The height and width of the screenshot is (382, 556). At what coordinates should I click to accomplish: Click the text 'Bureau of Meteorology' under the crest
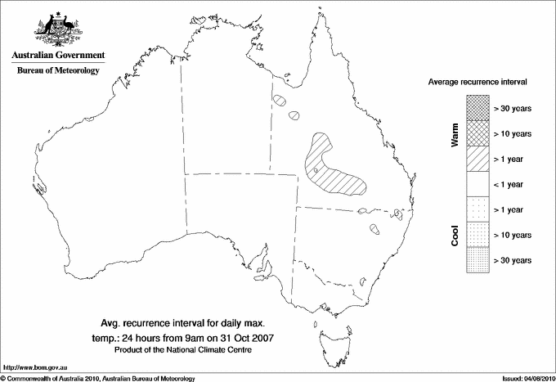[x=58, y=71]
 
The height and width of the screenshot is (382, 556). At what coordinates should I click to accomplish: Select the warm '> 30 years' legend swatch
[x=477, y=107]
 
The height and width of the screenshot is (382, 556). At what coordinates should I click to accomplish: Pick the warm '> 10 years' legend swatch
[x=477, y=133]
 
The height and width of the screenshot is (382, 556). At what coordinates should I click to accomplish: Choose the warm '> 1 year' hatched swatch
[x=477, y=158]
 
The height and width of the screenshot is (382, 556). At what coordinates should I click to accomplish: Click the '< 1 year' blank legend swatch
[x=477, y=184]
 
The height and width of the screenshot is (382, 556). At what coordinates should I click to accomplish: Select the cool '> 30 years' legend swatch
[x=477, y=259]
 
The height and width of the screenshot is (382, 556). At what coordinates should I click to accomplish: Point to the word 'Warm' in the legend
[x=455, y=134]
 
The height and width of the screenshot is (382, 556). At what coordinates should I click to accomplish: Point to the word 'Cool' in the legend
[x=455, y=235]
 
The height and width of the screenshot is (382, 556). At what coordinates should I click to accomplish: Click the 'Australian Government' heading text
[x=58, y=56]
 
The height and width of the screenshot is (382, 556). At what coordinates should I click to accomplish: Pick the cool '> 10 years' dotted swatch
[x=477, y=235]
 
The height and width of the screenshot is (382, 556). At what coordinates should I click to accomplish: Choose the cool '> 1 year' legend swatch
[x=477, y=209]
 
